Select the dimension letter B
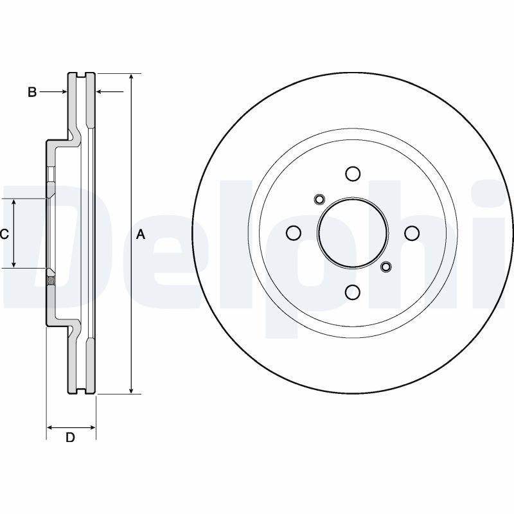[x=32, y=93]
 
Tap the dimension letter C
[x=4, y=234]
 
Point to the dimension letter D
[x=71, y=438]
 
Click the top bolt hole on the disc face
[x=353, y=173]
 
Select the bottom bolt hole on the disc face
[x=353, y=292]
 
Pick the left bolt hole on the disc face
[x=294, y=233]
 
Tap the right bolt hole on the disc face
[x=412, y=233]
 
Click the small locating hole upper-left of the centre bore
[x=318, y=199]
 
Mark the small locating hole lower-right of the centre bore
[x=386, y=267]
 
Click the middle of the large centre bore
[x=353, y=233]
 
